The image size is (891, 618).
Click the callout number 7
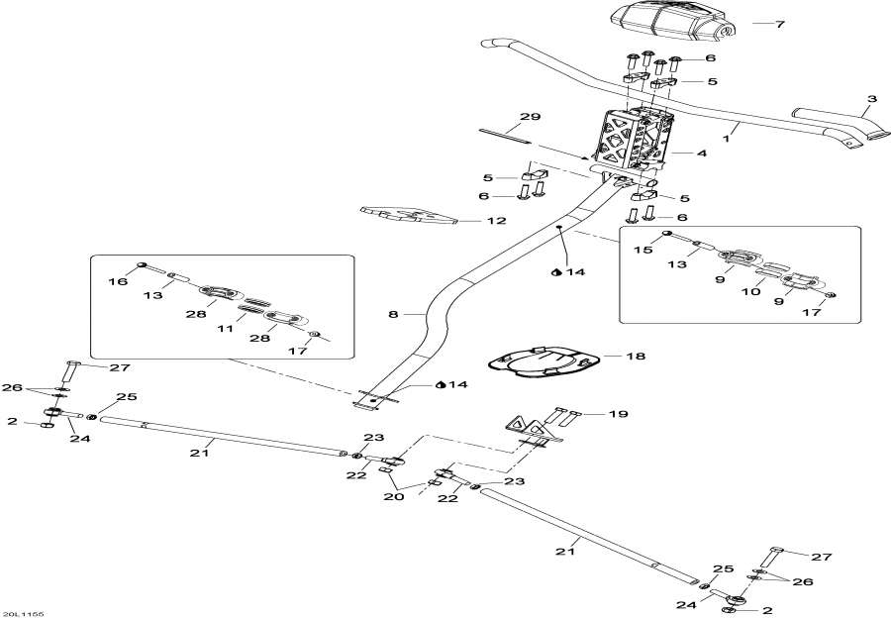pyautogui.click(x=779, y=23)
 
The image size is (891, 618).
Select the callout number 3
pyautogui.click(x=871, y=99)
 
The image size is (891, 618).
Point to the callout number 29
pyautogui.click(x=531, y=117)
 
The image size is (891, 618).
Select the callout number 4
pyautogui.click(x=701, y=154)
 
